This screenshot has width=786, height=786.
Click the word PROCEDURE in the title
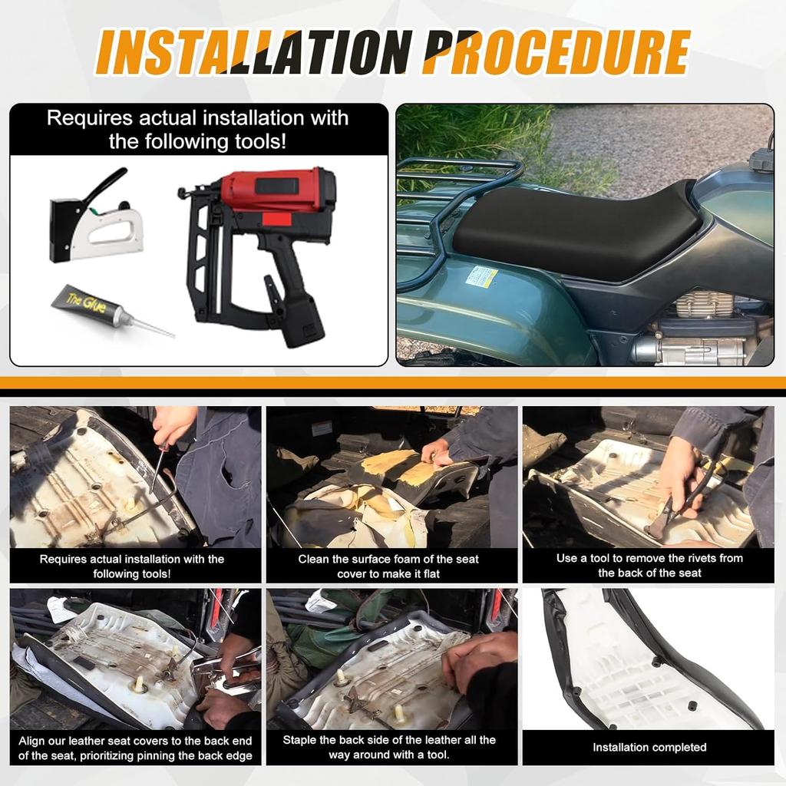pyautogui.click(x=557, y=52)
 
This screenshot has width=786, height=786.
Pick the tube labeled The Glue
pyautogui.click(x=114, y=311)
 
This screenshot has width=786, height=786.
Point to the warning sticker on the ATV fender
pyautogui.click(x=481, y=276)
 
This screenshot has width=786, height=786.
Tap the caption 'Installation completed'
pyautogui.click(x=649, y=748)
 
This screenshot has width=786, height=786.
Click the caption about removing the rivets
pyautogui.click(x=649, y=566)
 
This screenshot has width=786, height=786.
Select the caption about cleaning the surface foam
pyautogui.click(x=388, y=566)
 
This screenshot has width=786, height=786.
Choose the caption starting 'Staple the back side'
pyautogui.click(x=389, y=747)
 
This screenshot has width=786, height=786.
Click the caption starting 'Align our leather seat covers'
pyautogui.click(x=135, y=748)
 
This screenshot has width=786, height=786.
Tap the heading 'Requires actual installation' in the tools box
pyautogui.click(x=198, y=129)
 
